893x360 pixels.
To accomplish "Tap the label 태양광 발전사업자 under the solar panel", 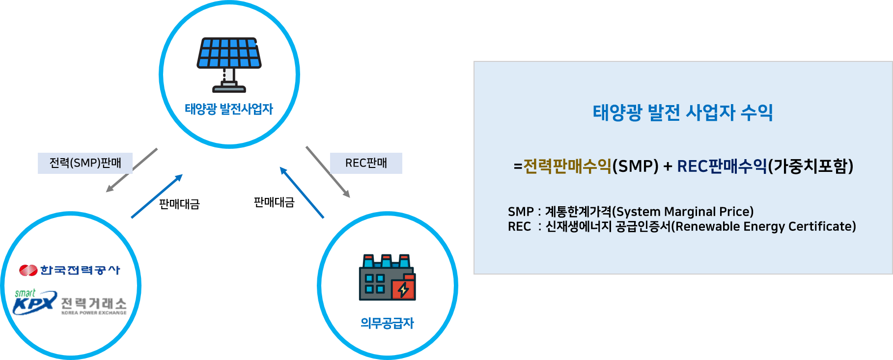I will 229,109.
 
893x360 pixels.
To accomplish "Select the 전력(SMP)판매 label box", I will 85,163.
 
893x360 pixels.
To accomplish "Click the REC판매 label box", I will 366,163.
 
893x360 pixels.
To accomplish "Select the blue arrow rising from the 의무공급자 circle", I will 302,192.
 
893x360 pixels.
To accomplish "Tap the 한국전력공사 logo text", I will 80,270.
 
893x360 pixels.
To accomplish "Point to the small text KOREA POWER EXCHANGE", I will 94,313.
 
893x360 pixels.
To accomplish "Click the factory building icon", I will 387,277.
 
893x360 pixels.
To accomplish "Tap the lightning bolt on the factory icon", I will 403,289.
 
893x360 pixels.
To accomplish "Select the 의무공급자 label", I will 387,323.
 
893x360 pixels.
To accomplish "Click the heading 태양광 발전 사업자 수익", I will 683,112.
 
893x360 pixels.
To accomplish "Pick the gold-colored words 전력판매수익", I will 567,166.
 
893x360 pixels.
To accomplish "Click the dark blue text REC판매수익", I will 722,166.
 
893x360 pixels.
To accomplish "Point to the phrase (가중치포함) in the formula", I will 810,166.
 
